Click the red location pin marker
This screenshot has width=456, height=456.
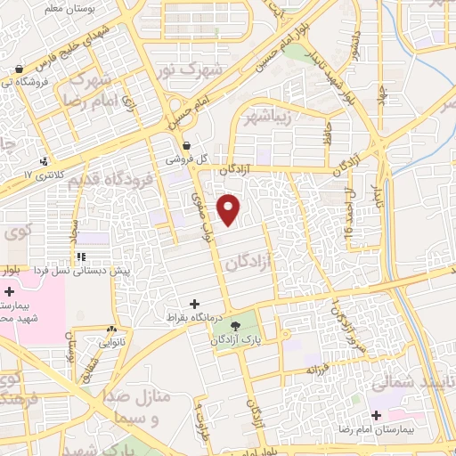click(x=230, y=209)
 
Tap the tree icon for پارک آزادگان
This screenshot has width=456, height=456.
click(x=237, y=326)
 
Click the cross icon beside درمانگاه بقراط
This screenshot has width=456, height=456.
click(x=195, y=305)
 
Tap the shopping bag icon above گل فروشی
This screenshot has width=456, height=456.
click(x=186, y=145)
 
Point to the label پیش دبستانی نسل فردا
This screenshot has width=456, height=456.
click(x=85, y=269)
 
